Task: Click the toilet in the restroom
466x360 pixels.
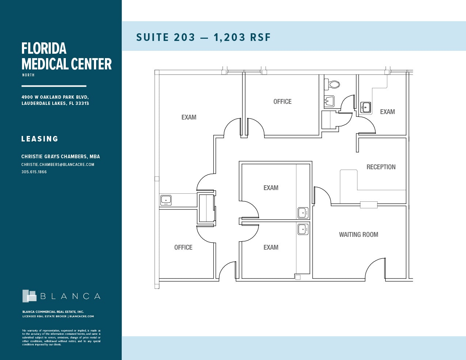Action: [334, 84]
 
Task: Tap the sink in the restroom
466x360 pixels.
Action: [330, 101]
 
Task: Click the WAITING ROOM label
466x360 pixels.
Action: [358, 235]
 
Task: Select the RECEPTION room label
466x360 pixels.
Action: [381, 167]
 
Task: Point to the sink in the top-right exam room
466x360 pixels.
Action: [366, 107]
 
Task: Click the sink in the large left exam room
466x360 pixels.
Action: [166, 200]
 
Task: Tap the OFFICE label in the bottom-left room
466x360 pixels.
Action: [183, 247]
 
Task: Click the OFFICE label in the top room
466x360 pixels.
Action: [282, 102]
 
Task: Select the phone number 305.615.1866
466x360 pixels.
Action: [34, 172]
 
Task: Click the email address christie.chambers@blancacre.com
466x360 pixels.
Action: [58, 164]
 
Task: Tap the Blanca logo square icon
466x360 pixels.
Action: [29, 296]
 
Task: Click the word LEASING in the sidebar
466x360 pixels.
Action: [40, 139]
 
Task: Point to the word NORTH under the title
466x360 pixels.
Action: [28, 75]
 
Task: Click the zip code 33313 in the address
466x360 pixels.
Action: [82, 103]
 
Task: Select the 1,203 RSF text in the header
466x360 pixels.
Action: [242, 37]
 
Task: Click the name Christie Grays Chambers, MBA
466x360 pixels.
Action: [61, 156]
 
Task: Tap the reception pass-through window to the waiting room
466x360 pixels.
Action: [368, 205]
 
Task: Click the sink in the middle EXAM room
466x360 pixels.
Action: [303, 212]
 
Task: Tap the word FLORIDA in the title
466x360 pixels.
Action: [44, 49]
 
